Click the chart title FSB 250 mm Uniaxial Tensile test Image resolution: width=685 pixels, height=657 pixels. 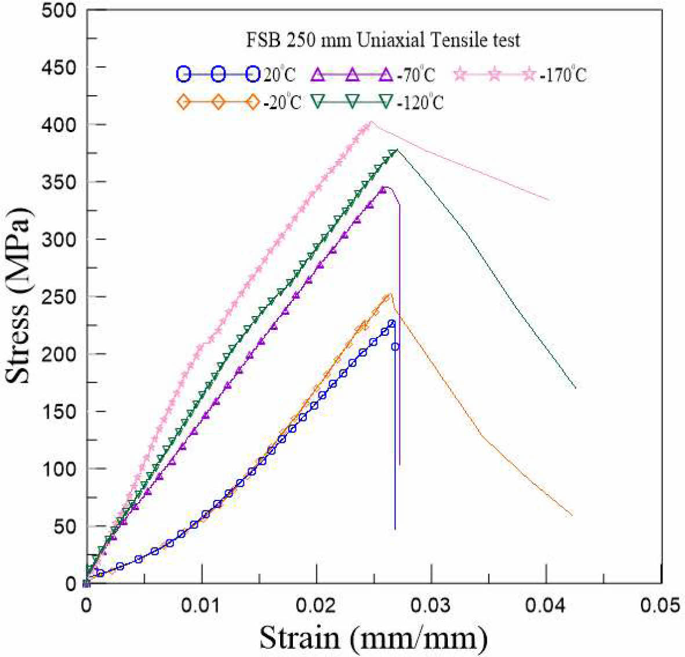pyautogui.click(x=380, y=41)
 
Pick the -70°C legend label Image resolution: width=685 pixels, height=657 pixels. pyautogui.click(x=416, y=75)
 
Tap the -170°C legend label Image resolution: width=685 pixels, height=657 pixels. pyautogui.click(x=562, y=75)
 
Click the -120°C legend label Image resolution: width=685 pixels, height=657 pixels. pyautogui.click(x=421, y=103)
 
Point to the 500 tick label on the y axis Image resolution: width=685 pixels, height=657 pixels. pyautogui.click(x=60, y=10)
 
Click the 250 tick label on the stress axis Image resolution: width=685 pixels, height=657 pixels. pyautogui.click(x=60, y=297)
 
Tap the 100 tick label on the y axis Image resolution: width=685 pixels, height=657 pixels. pyautogui.click(x=60, y=469)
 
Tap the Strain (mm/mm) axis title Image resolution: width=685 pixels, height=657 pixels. pyautogui.click(x=374, y=638)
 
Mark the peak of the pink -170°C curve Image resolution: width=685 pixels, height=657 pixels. pyautogui.click(x=371, y=121)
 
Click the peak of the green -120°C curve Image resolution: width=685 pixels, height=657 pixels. pyautogui.click(x=396, y=150)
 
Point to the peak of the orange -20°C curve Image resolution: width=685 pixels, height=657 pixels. pyautogui.click(x=390, y=294)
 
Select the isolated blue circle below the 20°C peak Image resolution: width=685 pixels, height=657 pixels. pyautogui.click(x=395, y=347)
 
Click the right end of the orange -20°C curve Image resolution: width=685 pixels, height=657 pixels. pyautogui.click(x=572, y=515)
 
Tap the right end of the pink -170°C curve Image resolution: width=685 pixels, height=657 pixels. pyautogui.click(x=548, y=200)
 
